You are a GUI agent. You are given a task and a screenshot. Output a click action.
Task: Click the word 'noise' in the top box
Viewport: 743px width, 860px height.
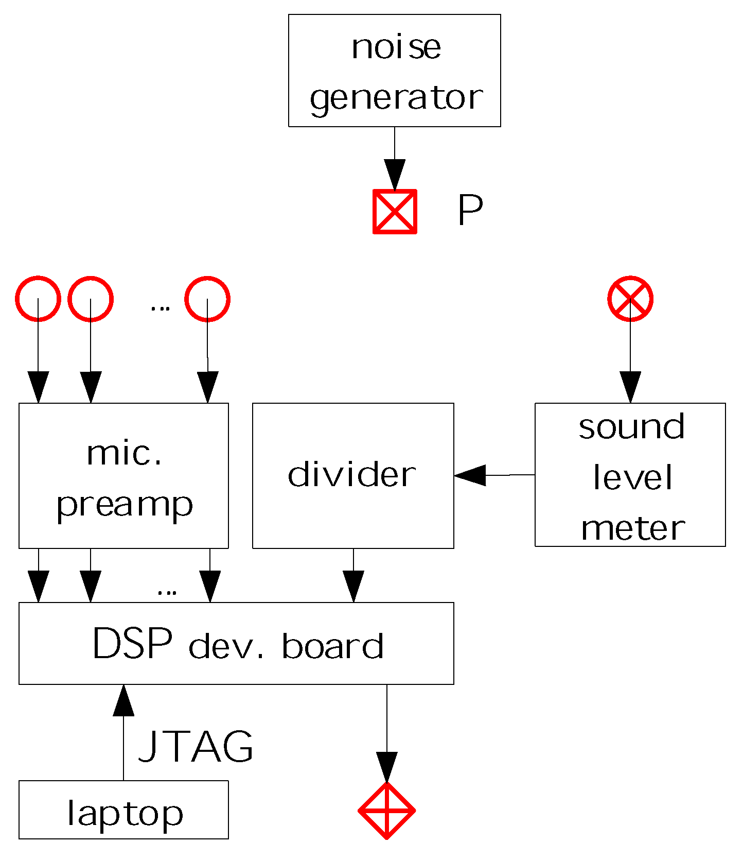click(x=396, y=47)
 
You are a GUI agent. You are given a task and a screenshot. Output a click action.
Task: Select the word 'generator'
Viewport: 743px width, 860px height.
click(x=396, y=98)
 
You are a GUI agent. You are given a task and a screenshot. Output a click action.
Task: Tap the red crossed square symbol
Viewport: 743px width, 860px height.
click(x=395, y=212)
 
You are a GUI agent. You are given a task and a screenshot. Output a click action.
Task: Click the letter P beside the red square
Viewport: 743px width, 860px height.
click(x=470, y=211)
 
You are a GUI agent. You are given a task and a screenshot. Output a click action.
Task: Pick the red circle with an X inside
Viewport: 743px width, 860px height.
click(x=630, y=299)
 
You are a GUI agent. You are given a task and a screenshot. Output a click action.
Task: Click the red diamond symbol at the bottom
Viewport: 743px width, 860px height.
click(x=386, y=811)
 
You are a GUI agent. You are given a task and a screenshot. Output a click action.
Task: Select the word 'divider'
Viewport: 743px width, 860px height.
click(x=352, y=474)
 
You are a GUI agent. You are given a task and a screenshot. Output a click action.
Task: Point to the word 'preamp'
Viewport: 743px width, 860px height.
click(x=125, y=505)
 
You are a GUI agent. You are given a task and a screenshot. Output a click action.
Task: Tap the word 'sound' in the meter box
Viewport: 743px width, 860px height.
click(x=631, y=427)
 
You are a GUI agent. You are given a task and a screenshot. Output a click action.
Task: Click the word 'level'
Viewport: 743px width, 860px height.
click(x=632, y=477)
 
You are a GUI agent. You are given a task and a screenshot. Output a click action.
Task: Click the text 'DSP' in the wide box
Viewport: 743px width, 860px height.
click(x=132, y=644)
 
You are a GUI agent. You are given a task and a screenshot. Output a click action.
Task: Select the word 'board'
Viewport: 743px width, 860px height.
click(x=332, y=646)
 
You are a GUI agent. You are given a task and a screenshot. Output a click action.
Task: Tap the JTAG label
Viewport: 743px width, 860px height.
click(x=196, y=746)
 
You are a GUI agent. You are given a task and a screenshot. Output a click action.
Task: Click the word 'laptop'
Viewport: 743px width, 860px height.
click(x=125, y=814)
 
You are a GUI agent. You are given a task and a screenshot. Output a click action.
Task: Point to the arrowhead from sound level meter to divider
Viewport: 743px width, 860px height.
click(x=469, y=475)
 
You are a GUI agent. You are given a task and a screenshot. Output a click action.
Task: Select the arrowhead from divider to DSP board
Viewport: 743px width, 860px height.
click(x=353, y=586)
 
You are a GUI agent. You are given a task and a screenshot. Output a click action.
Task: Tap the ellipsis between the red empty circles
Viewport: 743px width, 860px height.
click(x=160, y=308)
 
